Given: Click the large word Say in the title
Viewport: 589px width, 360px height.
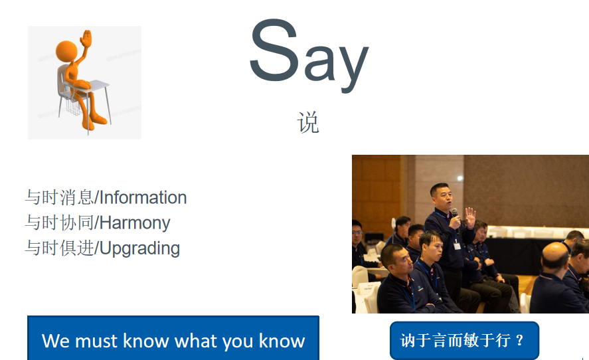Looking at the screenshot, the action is click(309, 54).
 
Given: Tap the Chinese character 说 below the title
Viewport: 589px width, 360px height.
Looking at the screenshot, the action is click(308, 122).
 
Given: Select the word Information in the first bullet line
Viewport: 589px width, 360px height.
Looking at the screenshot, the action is click(143, 198).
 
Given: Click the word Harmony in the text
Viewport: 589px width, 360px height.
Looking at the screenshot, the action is click(135, 223).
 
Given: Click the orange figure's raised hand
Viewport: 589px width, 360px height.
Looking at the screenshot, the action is click(86, 39).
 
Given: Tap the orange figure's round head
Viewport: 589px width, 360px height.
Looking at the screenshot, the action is click(66, 52).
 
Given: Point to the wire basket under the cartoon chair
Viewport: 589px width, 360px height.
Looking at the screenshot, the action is click(74, 106).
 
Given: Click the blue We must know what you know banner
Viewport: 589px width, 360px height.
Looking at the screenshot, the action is click(173, 338).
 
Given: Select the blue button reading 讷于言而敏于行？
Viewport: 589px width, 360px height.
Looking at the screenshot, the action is click(464, 341).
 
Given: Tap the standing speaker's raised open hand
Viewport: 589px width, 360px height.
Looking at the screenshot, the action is click(470, 217).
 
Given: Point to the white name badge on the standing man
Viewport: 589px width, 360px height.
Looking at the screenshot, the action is click(457, 246).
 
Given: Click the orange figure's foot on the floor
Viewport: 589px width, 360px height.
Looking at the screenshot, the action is click(99, 120).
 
